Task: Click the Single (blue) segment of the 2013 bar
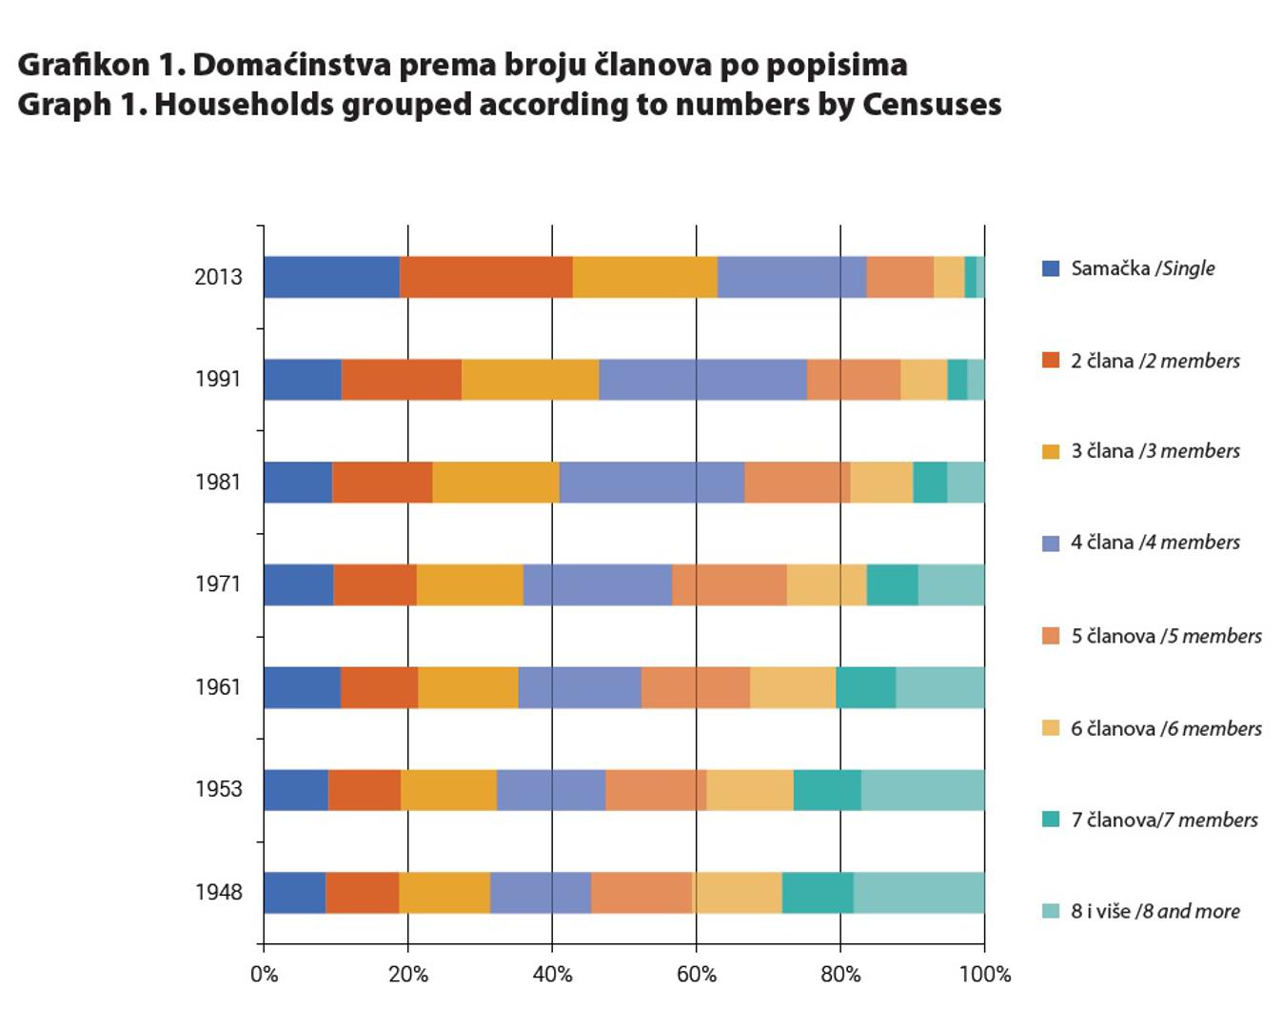tap(331, 277)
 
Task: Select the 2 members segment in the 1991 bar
tap(401, 380)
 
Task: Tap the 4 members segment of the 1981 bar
tap(652, 482)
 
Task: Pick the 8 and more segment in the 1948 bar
tap(918, 893)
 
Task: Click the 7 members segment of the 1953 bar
tap(827, 790)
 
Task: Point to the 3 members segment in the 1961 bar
tap(468, 687)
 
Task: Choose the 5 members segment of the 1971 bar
tap(729, 584)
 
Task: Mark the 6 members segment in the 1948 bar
tap(738, 893)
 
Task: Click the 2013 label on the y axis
tap(218, 277)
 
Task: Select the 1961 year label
tap(218, 687)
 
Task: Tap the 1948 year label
tap(218, 893)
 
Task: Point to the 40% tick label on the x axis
tap(552, 975)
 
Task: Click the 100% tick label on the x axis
tap(985, 975)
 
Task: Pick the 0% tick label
tap(264, 975)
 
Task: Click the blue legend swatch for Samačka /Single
tap(1051, 268)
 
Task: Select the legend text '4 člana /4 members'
tap(1155, 543)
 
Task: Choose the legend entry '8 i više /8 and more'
tap(1155, 912)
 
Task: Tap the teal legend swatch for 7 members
tap(1051, 820)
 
